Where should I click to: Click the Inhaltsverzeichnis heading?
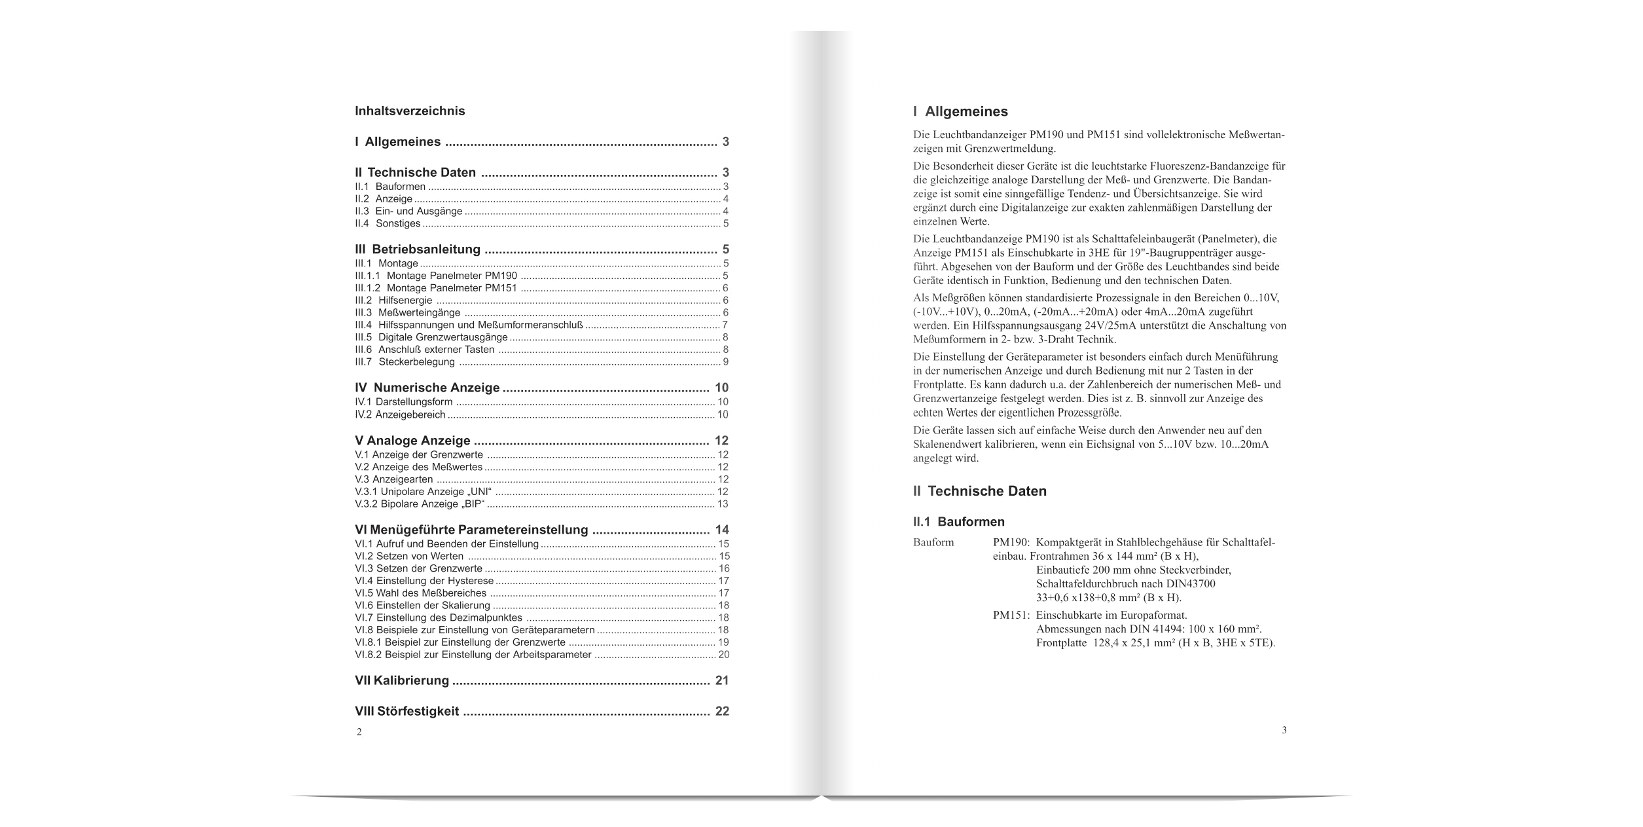(410, 111)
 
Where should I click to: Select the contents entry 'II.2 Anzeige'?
(384, 199)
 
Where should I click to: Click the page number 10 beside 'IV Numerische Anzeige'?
(721, 388)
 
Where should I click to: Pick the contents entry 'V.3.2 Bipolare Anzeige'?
(420, 504)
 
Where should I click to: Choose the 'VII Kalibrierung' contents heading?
(402, 680)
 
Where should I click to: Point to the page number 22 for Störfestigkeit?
(722, 711)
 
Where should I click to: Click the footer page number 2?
(359, 732)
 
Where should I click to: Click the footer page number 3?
(1284, 730)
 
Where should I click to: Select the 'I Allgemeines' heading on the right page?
(960, 112)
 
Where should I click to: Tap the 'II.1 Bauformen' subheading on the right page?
(958, 522)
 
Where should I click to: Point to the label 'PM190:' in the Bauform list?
(1012, 543)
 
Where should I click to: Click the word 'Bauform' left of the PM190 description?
(933, 543)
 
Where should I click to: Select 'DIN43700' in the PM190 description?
(1191, 584)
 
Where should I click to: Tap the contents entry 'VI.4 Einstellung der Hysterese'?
(424, 581)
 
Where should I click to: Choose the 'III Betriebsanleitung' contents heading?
(418, 249)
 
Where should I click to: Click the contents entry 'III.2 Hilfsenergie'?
(393, 301)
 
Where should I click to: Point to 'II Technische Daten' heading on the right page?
(980, 491)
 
